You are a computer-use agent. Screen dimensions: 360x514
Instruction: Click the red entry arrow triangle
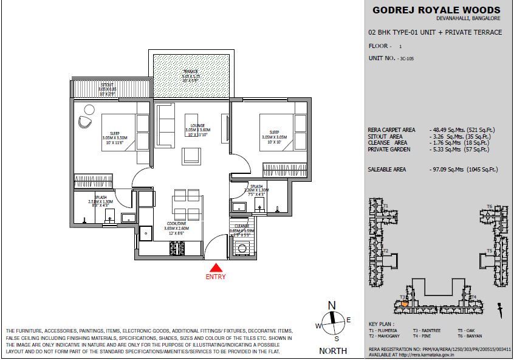coord(215,267)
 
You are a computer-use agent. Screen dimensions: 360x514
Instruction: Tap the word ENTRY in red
coord(215,277)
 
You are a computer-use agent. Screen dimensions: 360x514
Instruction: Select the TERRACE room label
coord(191,72)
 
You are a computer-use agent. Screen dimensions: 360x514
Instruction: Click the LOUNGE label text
coord(197,125)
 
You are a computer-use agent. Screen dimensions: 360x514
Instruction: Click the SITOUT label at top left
coord(106,86)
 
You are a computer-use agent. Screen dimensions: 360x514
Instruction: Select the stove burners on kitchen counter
coord(177,248)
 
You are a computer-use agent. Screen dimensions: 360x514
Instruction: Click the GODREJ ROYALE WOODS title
coord(436,10)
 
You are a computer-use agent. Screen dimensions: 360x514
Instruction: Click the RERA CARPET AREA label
coord(392,130)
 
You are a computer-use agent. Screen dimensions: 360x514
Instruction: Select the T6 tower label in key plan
coord(489,207)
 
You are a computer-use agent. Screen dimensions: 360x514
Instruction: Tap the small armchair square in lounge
coord(191,157)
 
